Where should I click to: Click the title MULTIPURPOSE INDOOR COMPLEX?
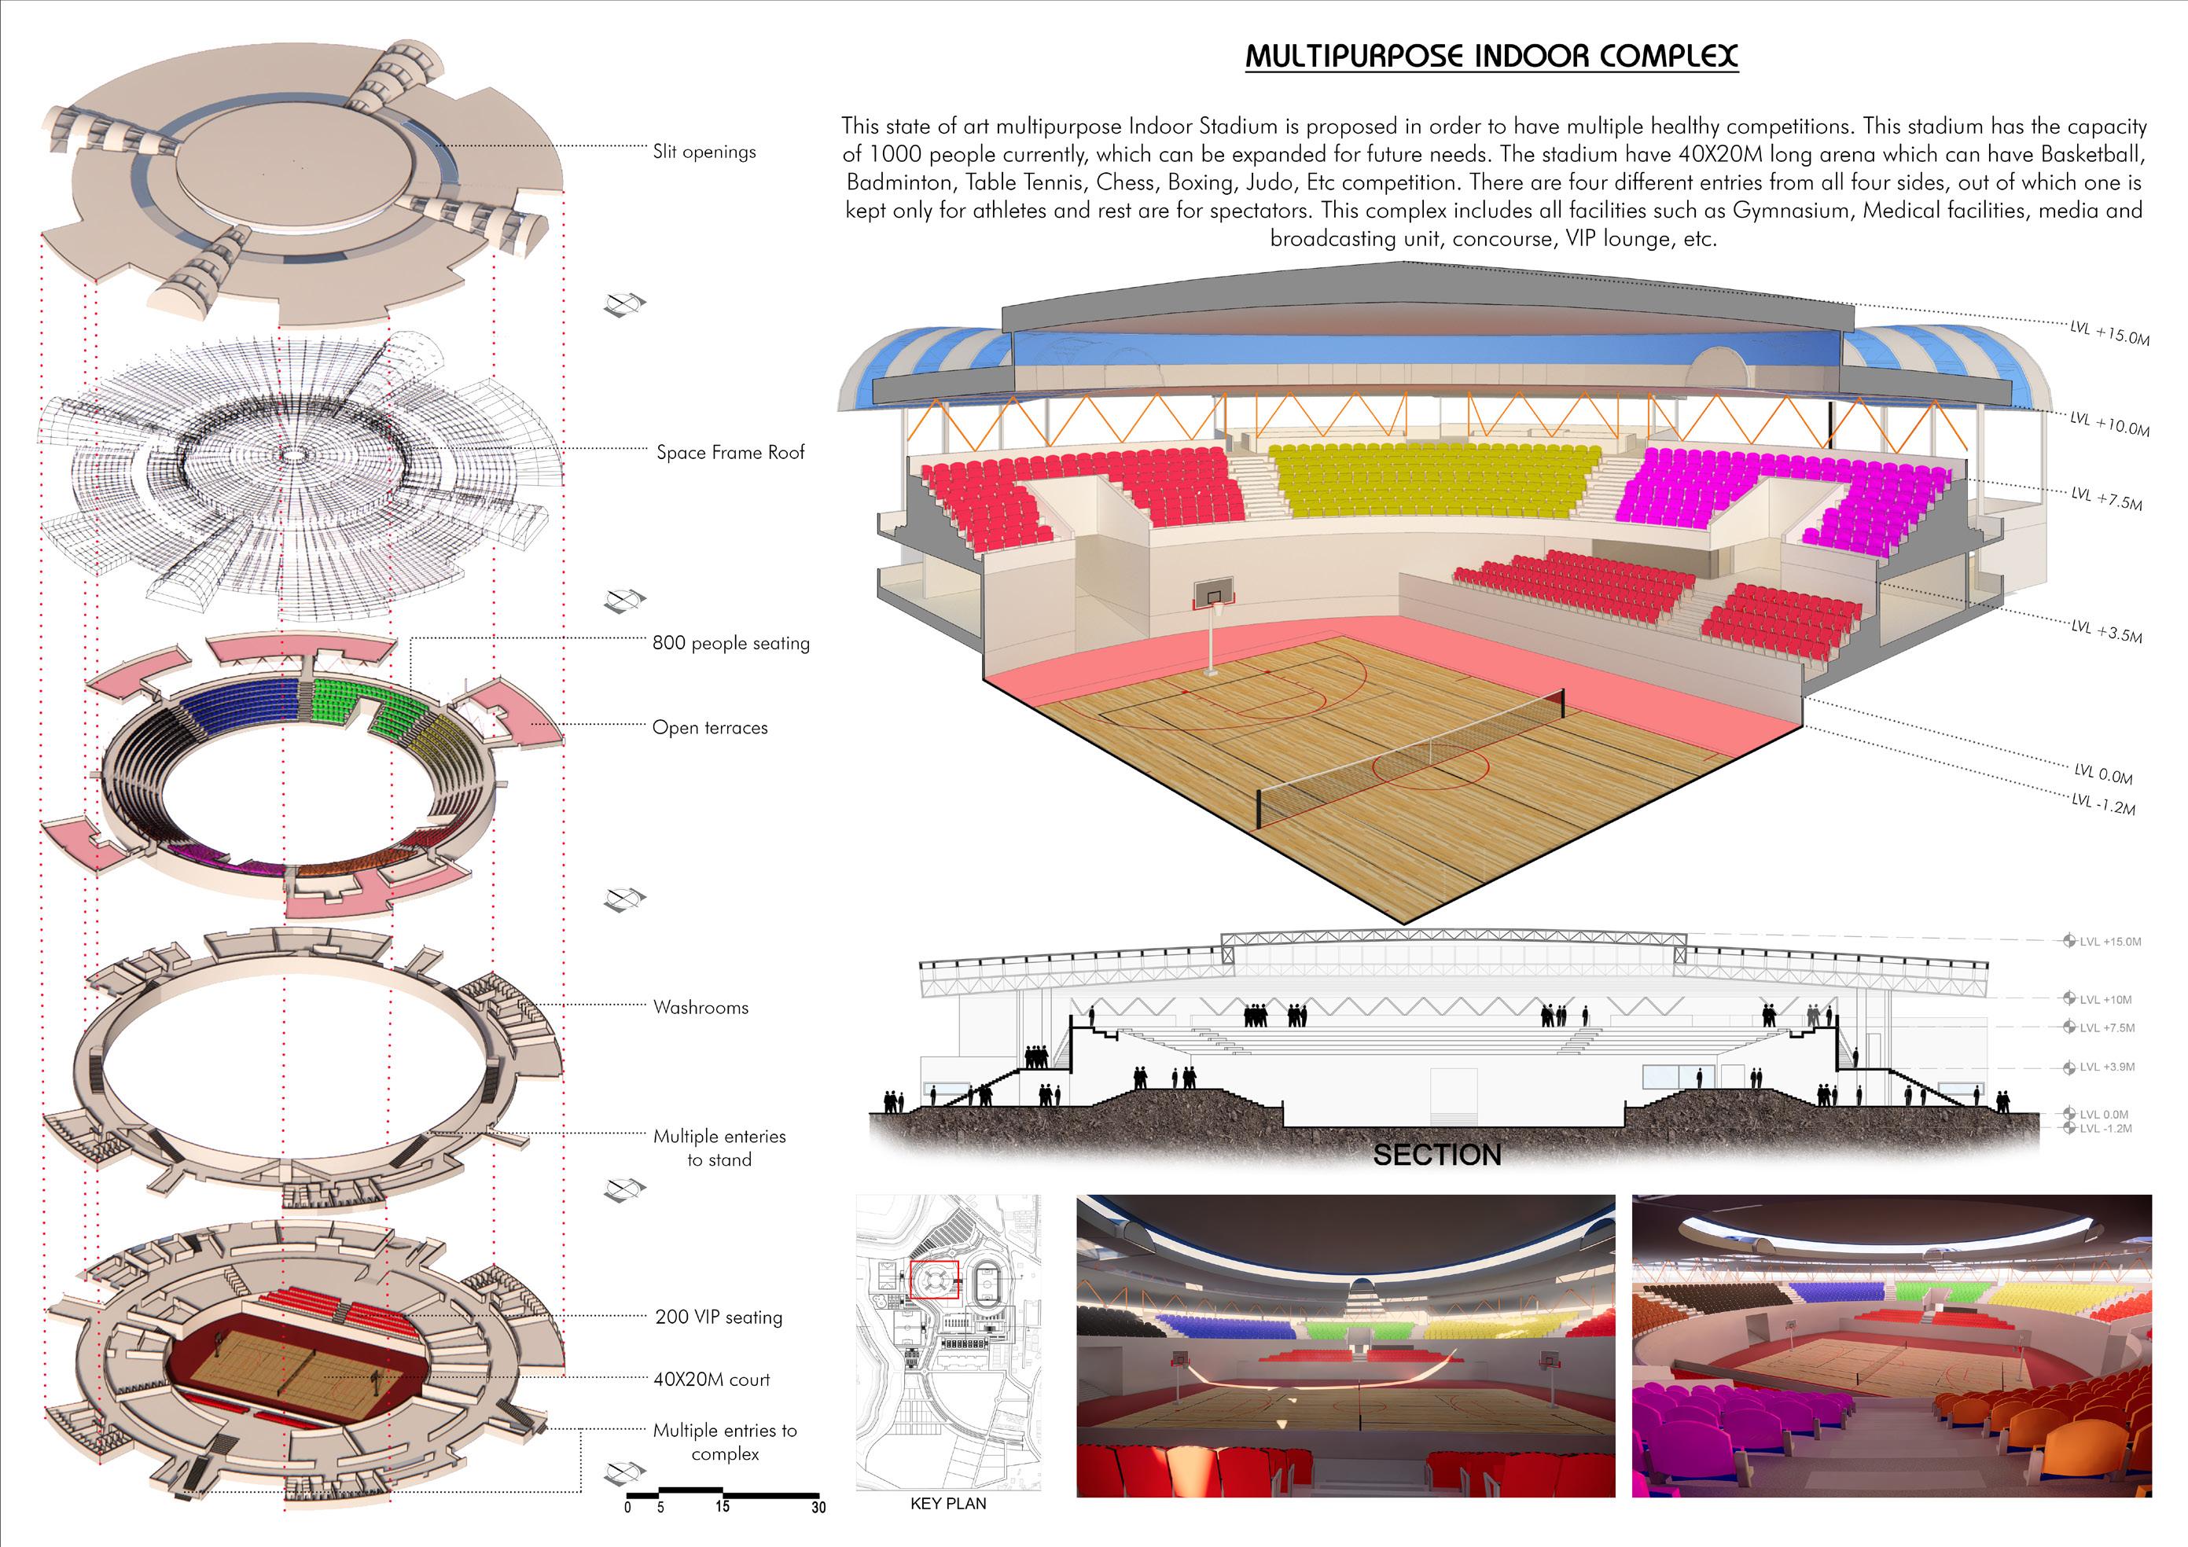(1491, 55)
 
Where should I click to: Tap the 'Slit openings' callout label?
(704, 152)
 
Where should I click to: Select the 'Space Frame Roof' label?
(730, 453)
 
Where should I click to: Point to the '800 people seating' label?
(731, 643)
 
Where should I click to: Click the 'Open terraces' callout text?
(710, 728)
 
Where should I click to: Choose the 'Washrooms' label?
(701, 1007)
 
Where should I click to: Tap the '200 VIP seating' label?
(719, 1317)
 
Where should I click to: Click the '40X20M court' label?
(711, 1380)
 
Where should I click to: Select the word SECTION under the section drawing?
(1436, 1156)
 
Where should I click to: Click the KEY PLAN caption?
(948, 1503)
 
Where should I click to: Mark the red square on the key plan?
(934, 1279)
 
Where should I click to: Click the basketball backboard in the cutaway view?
(1212, 597)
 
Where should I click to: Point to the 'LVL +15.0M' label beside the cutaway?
(2109, 333)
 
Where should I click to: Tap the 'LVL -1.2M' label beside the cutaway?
(2103, 803)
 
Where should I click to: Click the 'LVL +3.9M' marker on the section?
(2106, 1067)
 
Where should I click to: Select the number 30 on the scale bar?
(818, 1507)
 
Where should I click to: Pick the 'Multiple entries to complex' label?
(724, 1441)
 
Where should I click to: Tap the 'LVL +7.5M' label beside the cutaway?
(2106, 498)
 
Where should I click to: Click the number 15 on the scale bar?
(723, 1506)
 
